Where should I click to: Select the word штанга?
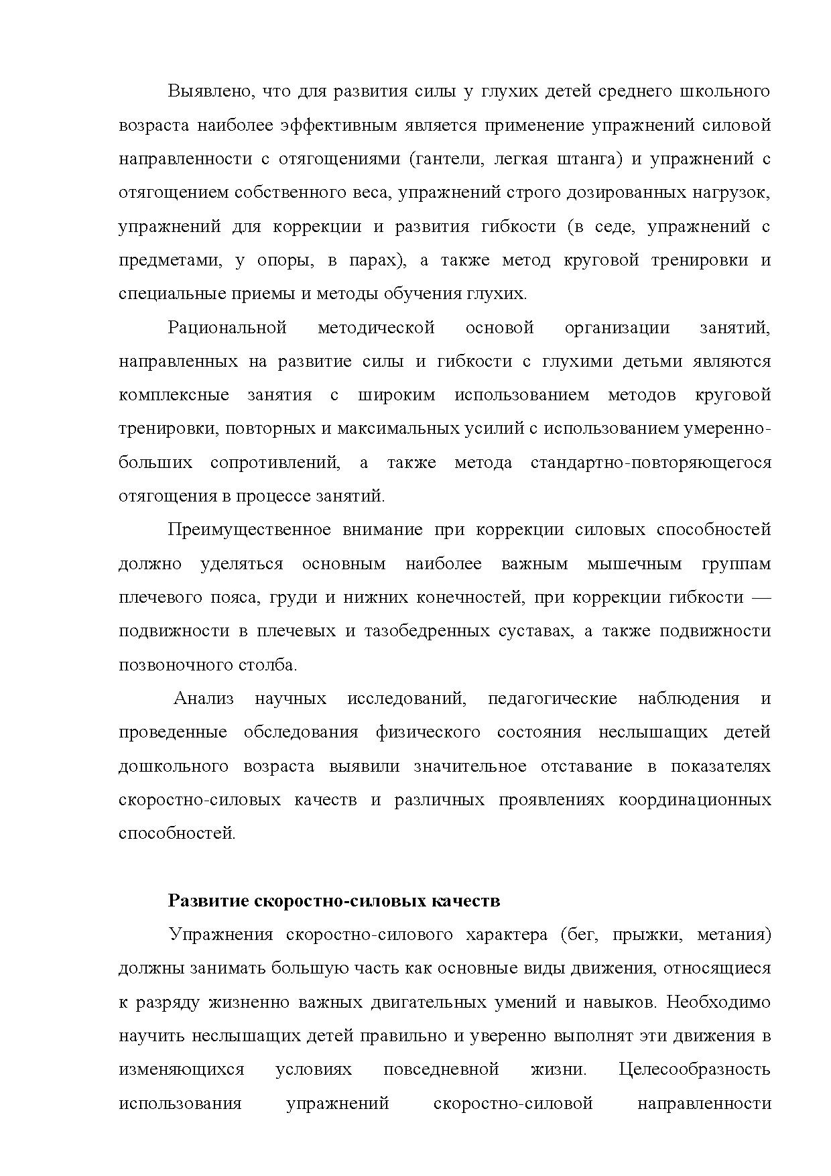coord(586,160)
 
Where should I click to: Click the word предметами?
coord(170,261)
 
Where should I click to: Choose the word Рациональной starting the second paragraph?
coord(227,328)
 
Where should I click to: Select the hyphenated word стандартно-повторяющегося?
coord(650,463)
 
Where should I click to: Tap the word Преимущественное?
coord(249,530)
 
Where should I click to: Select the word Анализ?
coord(204,699)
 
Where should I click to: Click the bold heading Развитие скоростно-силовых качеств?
coord(334,900)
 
